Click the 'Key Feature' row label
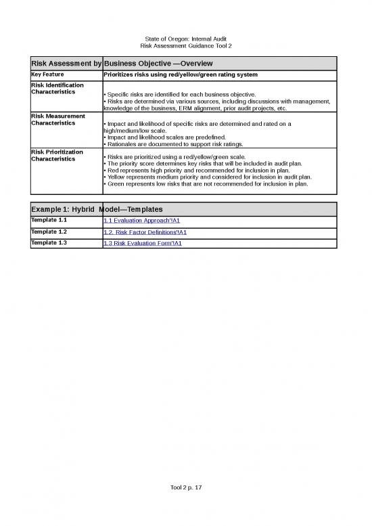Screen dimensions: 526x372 point(47,74)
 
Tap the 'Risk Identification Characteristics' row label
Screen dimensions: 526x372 point(57,88)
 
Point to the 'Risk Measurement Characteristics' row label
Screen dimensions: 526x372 point(57,120)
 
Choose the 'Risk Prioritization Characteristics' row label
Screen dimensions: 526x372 point(57,155)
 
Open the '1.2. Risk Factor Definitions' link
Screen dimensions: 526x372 point(145,232)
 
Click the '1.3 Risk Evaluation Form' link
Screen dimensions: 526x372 point(142,243)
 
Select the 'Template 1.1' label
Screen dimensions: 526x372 point(49,220)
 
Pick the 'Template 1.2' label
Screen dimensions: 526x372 point(49,232)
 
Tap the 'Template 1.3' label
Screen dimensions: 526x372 point(49,242)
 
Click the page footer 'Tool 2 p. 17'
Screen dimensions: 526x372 point(185,488)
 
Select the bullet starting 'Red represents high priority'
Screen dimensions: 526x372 point(206,170)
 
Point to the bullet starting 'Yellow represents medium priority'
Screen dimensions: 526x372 point(207,177)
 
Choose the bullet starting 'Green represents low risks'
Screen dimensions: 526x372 point(206,183)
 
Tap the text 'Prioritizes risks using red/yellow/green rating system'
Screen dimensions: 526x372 point(180,74)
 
